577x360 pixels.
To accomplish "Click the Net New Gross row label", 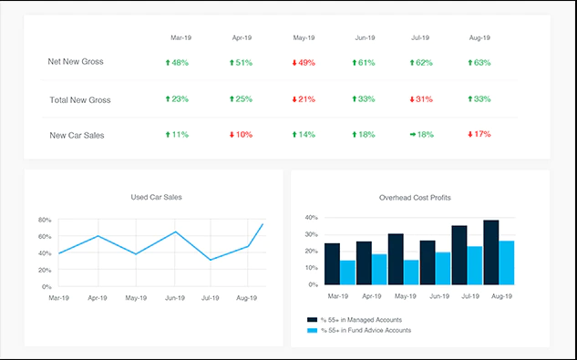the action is (x=76, y=61).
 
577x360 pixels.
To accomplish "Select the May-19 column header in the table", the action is (x=304, y=37).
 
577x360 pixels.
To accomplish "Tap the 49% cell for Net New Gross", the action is (x=304, y=63).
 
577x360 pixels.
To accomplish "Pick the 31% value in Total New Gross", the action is (x=421, y=99).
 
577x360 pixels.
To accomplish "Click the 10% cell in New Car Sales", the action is (x=241, y=135).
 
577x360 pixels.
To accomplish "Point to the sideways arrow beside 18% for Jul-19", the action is (x=413, y=135).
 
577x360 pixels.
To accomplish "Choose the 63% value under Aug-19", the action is (x=479, y=63).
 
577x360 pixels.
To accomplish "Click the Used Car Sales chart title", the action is (x=157, y=197).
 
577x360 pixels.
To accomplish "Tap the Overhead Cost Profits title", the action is (x=415, y=198).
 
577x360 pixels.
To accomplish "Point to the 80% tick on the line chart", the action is (x=45, y=220).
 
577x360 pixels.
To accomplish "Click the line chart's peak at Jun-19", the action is (x=176, y=231).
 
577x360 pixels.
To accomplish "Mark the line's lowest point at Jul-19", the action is (x=211, y=260).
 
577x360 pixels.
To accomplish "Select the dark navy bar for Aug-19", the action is (x=491, y=252).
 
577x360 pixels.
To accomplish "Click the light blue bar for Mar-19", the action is (x=347, y=273).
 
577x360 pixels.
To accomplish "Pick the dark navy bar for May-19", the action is (x=396, y=259).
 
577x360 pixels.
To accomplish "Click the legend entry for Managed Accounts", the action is (x=355, y=320).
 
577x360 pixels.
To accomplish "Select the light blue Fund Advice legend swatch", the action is (x=312, y=331).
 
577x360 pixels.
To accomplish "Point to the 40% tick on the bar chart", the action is (x=312, y=218).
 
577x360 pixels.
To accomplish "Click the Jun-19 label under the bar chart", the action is (x=439, y=296).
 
